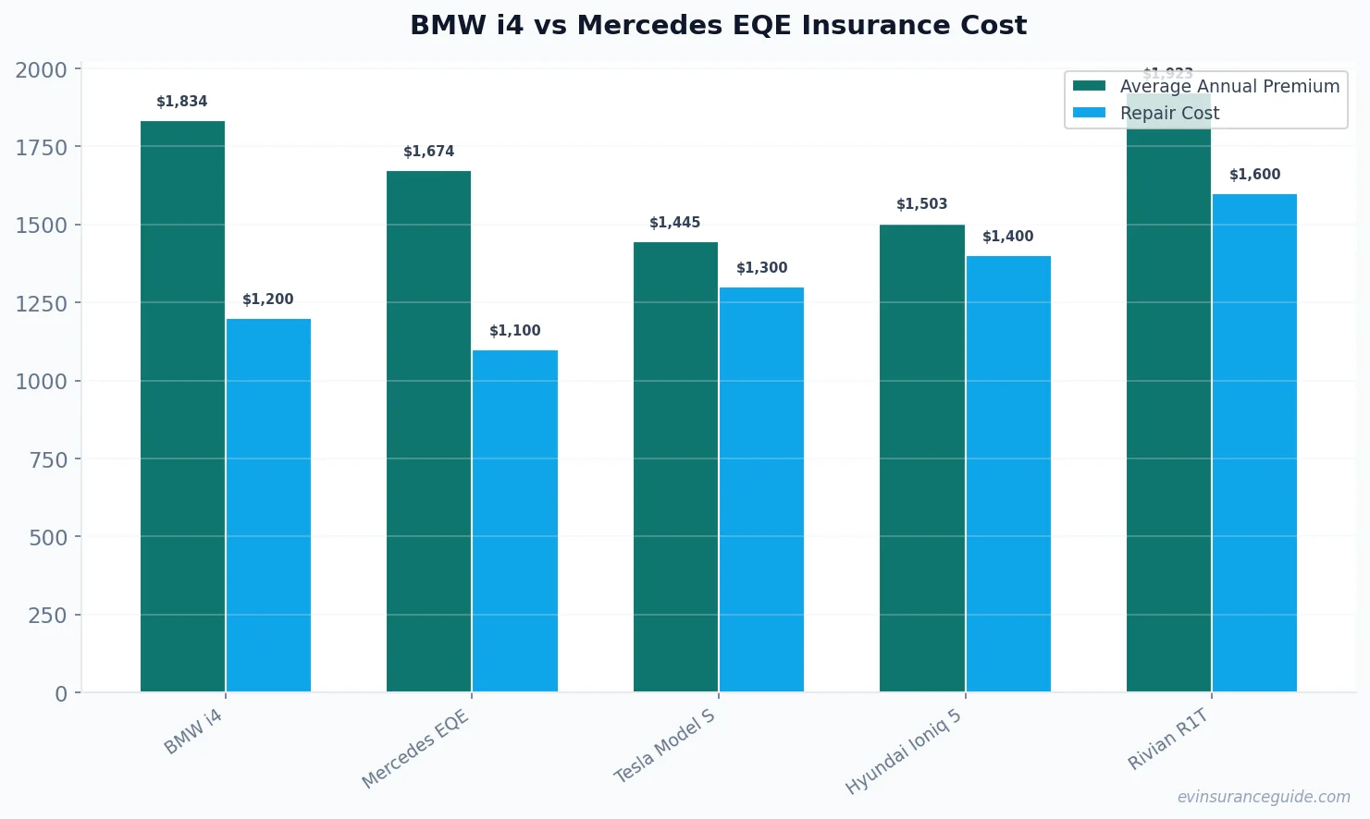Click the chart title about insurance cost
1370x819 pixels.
(x=718, y=25)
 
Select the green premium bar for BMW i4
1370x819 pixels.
(x=182, y=406)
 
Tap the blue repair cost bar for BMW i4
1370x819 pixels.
(x=268, y=505)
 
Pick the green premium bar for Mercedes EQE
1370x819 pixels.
(x=428, y=431)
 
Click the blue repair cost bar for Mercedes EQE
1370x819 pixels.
(x=515, y=520)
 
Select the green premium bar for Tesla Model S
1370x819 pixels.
(x=675, y=467)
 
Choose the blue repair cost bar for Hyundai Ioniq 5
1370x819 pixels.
(x=1008, y=473)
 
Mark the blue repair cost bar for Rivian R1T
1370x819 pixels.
(x=1254, y=443)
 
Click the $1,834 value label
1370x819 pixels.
(x=182, y=102)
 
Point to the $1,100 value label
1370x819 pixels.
(x=515, y=331)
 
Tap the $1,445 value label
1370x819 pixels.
(x=675, y=223)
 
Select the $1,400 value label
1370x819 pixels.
(x=1008, y=237)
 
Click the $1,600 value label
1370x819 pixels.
(x=1254, y=175)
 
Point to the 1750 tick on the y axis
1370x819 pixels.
(x=42, y=147)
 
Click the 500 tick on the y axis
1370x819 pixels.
(x=48, y=537)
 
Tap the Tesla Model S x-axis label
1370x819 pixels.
(x=665, y=746)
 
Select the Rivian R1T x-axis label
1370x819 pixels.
(x=1168, y=739)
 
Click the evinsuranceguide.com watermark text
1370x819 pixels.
(x=1263, y=797)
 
